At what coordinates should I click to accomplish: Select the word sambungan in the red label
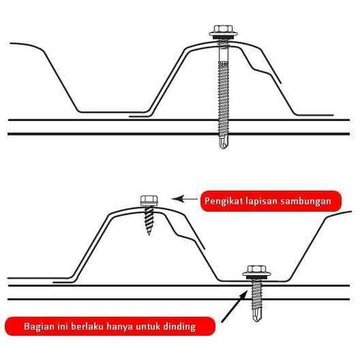306,201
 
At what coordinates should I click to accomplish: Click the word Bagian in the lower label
39,327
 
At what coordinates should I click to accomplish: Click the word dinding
180,327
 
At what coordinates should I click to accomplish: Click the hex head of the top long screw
223,30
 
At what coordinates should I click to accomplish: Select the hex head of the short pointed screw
149,199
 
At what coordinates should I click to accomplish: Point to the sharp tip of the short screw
149,234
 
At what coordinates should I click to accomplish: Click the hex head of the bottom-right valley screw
257,270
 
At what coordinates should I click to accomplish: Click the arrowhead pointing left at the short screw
177,199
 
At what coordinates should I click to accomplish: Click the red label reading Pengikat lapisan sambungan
271,201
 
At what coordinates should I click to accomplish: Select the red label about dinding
109,326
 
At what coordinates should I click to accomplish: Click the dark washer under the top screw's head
223,37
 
